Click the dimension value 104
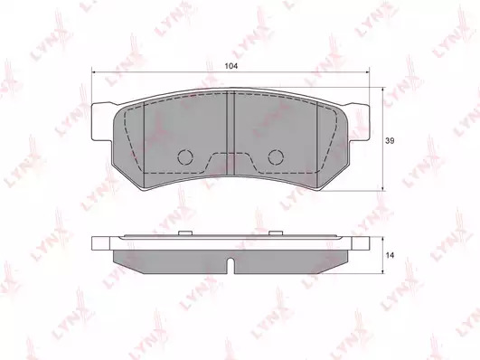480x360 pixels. tap(231, 66)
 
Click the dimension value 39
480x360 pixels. tap(390, 141)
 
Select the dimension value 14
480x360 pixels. tap(390, 255)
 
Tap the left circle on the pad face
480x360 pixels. tap(185, 157)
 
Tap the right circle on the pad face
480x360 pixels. tap(276, 157)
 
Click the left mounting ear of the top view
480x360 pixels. tap(102, 121)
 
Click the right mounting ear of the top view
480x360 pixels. tap(359, 121)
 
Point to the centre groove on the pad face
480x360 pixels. tap(231, 133)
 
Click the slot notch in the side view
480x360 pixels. tap(231, 266)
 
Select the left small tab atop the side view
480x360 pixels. tap(185, 233)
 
